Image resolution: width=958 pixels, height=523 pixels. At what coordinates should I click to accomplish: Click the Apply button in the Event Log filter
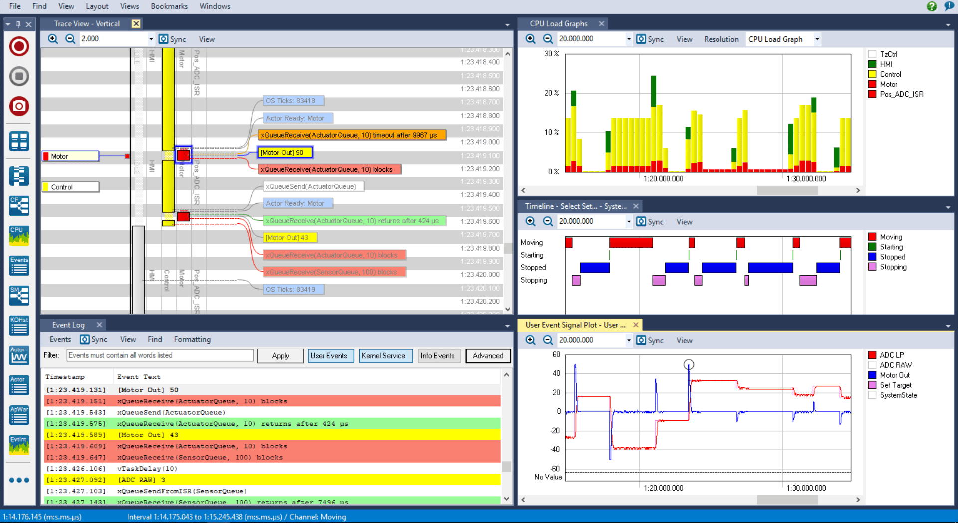(x=280, y=356)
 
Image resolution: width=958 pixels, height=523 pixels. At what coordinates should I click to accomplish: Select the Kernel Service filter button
(x=383, y=356)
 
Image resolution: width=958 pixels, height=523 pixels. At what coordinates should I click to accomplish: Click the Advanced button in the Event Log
(x=487, y=356)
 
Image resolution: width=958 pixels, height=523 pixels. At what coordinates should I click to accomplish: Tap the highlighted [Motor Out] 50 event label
(x=285, y=153)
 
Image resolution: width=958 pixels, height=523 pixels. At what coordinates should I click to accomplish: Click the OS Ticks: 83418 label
(x=293, y=101)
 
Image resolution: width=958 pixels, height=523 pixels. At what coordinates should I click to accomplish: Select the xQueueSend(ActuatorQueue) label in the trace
(x=313, y=186)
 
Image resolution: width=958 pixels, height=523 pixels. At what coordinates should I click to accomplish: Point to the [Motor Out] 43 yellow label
(x=290, y=238)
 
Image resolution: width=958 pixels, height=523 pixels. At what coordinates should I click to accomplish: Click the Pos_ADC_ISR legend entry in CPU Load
(x=901, y=94)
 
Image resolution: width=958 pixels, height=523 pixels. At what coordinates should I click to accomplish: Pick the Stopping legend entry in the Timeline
(x=893, y=267)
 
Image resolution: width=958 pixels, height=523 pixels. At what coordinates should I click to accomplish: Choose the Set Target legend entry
(x=895, y=385)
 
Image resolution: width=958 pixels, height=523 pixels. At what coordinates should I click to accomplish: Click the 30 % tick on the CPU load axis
(x=551, y=54)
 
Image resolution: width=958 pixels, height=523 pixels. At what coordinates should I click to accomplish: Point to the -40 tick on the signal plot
(x=555, y=449)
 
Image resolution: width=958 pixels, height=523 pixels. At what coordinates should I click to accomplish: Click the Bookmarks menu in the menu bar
(x=169, y=6)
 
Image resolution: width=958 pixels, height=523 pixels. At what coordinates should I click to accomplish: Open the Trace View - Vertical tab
(x=87, y=24)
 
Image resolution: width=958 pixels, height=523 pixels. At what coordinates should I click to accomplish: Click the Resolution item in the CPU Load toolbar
(x=721, y=39)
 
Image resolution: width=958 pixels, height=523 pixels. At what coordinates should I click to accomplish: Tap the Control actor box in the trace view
(x=70, y=187)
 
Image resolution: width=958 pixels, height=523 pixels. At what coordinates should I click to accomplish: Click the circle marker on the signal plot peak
(x=689, y=365)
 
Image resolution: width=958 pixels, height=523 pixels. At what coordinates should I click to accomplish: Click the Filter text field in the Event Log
(x=160, y=355)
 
